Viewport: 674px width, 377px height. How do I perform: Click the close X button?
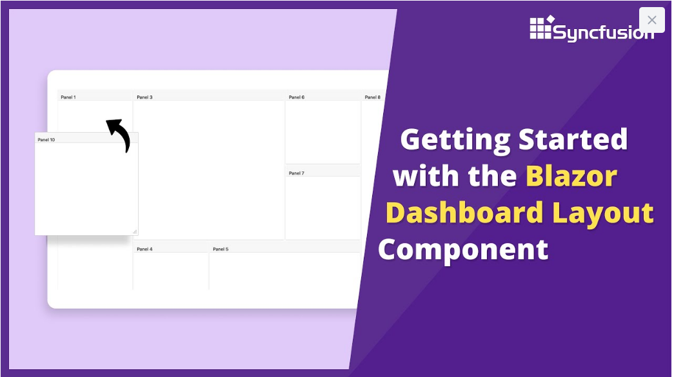pyautogui.click(x=651, y=20)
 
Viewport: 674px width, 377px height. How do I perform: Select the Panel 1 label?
pyautogui.click(x=68, y=97)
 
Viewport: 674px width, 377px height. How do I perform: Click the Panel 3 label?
pyautogui.click(x=144, y=97)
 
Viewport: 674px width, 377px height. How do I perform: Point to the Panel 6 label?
pyautogui.click(x=297, y=97)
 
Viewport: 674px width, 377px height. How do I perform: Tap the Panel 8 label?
pyautogui.click(x=373, y=97)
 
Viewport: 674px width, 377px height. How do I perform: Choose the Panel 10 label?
pyautogui.click(x=46, y=140)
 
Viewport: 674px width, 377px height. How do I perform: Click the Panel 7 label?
pyautogui.click(x=297, y=173)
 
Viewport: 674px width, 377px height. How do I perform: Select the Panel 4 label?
pyautogui.click(x=144, y=249)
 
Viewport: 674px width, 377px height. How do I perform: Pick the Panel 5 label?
pyautogui.click(x=221, y=249)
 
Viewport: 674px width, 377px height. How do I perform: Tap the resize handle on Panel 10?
pyautogui.click(x=135, y=232)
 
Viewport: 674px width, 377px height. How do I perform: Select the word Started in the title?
pyautogui.click(x=573, y=139)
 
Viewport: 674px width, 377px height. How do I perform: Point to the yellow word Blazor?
pyautogui.click(x=571, y=176)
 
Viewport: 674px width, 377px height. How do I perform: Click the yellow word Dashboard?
pyautogui.click(x=464, y=213)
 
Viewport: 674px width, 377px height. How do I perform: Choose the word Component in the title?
pyautogui.click(x=463, y=251)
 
